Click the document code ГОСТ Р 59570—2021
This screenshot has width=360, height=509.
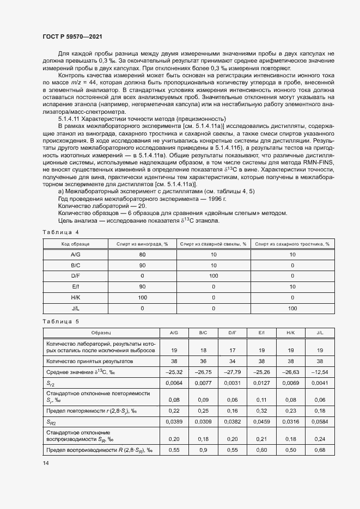coord(72,36)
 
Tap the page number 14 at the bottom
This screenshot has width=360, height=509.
coord(45,463)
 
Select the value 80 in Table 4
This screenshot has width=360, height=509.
coord(142,255)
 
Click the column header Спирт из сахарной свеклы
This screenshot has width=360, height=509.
coord(213,244)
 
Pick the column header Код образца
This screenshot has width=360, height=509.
coord(75,244)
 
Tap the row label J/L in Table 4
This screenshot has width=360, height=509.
coord(75,308)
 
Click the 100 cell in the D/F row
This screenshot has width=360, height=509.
coord(213,276)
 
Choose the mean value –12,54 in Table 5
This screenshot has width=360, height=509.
coord(320,372)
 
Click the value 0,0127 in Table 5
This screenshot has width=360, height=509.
coord(261,383)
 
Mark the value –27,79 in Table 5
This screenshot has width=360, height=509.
coord(232,372)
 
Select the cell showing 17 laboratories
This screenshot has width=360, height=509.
coord(232,351)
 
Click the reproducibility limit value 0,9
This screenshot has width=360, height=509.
coord(203,450)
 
